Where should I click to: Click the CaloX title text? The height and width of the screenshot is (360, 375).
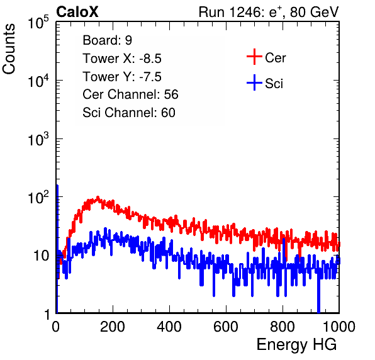point(77,12)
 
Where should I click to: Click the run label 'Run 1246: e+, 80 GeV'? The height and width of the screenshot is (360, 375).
point(269,12)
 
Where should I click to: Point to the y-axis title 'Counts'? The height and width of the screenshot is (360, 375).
point(9,49)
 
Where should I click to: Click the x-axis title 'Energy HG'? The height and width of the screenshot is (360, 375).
point(296,345)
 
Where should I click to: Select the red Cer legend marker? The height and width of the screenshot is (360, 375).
point(254,57)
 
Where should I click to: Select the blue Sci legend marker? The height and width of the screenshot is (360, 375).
point(254,82)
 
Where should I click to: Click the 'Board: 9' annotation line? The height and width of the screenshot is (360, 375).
point(107,40)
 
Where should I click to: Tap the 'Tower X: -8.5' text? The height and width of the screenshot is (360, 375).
point(122,59)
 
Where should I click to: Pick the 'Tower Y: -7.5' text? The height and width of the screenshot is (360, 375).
point(122,77)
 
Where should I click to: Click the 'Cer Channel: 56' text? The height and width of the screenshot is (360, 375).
point(130,94)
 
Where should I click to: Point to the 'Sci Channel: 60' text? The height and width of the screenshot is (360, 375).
point(129,113)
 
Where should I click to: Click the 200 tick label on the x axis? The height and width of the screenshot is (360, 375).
point(113,327)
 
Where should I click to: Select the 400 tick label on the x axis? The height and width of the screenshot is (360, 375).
point(169,327)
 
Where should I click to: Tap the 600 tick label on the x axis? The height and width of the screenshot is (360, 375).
point(226,327)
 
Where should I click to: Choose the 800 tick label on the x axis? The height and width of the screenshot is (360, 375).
point(283,327)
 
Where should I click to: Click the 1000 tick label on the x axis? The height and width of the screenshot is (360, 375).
point(339,327)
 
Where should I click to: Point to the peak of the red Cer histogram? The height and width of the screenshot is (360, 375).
point(98,198)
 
